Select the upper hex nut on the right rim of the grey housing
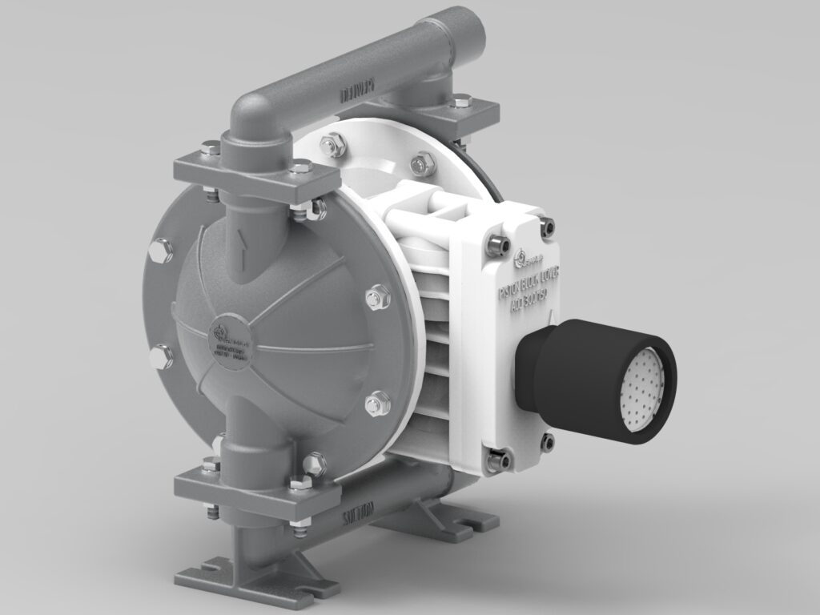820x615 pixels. pos(375,299)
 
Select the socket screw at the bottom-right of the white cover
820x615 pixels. pos(549,440)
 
